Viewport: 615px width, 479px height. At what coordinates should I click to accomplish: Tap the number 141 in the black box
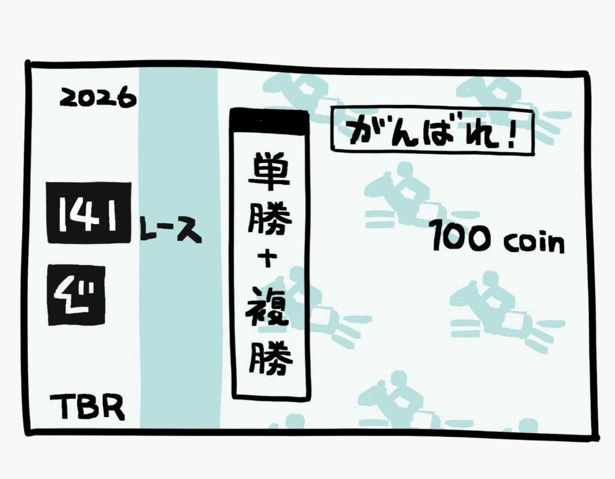pyautogui.click(x=88, y=213)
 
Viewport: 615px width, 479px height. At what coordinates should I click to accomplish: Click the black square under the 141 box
pyautogui.click(x=76, y=295)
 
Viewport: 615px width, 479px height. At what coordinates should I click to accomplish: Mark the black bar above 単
pyautogui.click(x=268, y=119)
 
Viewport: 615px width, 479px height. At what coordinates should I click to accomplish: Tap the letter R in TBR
pyautogui.click(x=113, y=407)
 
